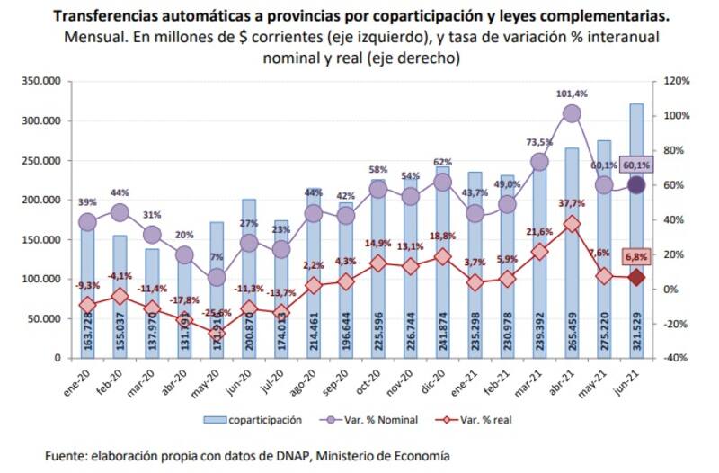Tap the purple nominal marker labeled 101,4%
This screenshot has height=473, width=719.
pos(572,113)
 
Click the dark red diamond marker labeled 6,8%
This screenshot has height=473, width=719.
pos(635,278)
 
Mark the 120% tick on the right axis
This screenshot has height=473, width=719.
pos(676,81)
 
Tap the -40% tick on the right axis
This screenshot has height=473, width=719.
pos(676,358)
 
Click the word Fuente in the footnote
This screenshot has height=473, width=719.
pos(69,457)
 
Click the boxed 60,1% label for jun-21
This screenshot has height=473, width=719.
pos(635,165)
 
